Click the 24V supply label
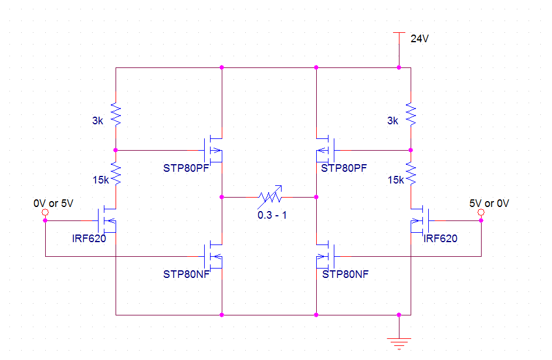coord(419,38)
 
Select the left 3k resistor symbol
coord(116,114)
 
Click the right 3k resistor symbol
coord(411,114)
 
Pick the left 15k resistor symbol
coord(116,174)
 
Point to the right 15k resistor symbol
coord(411,174)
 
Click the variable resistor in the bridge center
coord(270,197)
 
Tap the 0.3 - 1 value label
coord(272,215)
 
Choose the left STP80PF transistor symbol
coord(213,150)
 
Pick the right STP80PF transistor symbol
coord(326,150)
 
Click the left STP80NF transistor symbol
coord(213,256)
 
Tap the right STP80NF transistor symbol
coord(326,256)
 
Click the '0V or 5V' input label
coord(53,203)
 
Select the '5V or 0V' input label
coord(489,203)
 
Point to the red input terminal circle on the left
coord(45,212)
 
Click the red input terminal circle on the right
coord(481,212)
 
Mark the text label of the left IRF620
coord(89,239)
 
